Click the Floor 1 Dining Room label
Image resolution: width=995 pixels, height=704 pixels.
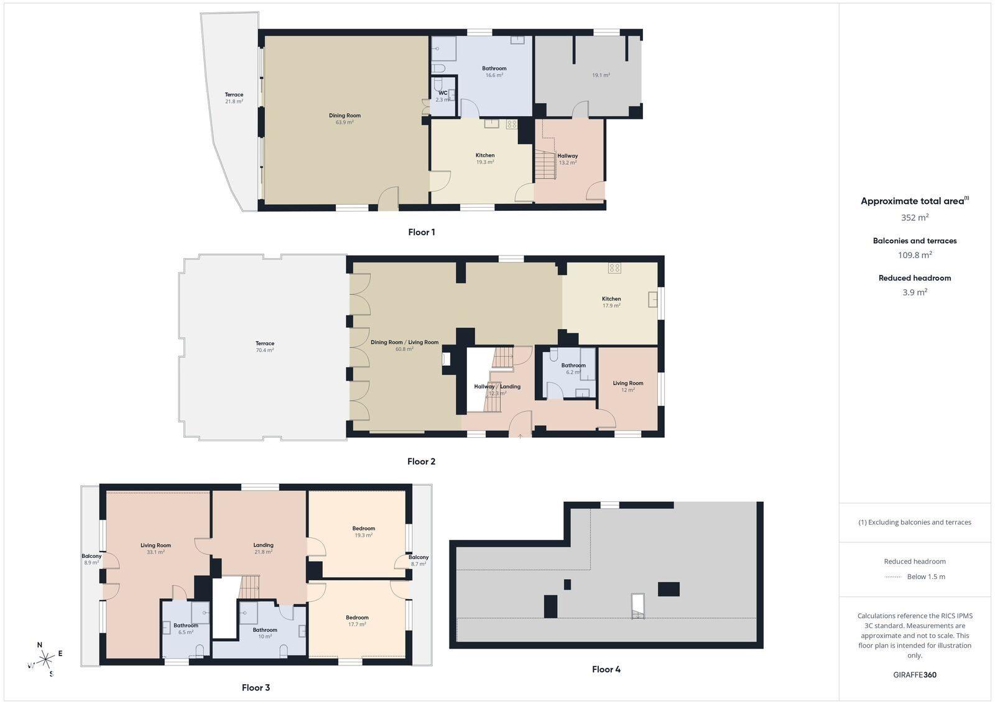point(345,119)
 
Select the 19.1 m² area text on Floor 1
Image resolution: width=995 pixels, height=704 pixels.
point(601,75)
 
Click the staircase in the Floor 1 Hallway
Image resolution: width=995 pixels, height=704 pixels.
point(545,165)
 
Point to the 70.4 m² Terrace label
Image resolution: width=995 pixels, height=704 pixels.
point(265,346)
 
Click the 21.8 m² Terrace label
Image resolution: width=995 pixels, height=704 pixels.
point(234,98)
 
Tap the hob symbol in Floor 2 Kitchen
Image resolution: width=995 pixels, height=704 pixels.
point(614,268)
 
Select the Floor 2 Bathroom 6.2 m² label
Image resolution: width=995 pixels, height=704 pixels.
point(573,369)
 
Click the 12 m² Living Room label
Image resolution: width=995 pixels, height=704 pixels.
point(627,386)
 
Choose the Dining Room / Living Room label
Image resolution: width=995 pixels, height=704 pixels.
point(404,346)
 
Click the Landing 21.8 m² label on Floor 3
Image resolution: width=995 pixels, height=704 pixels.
point(264,548)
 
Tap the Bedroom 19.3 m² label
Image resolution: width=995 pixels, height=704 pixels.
point(363,532)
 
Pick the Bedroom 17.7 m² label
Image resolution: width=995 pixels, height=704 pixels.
point(357,621)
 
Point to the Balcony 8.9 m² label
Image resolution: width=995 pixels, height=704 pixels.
point(91,559)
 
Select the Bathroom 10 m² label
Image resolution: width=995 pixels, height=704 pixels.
point(265,633)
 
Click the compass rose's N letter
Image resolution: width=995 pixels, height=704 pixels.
point(40,645)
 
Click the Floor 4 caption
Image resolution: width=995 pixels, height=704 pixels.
point(606,669)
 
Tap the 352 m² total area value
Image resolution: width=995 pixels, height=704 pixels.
point(915,217)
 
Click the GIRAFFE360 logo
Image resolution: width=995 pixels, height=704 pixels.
point(915,675)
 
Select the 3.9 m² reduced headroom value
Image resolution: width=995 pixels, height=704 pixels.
point(915,292)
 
